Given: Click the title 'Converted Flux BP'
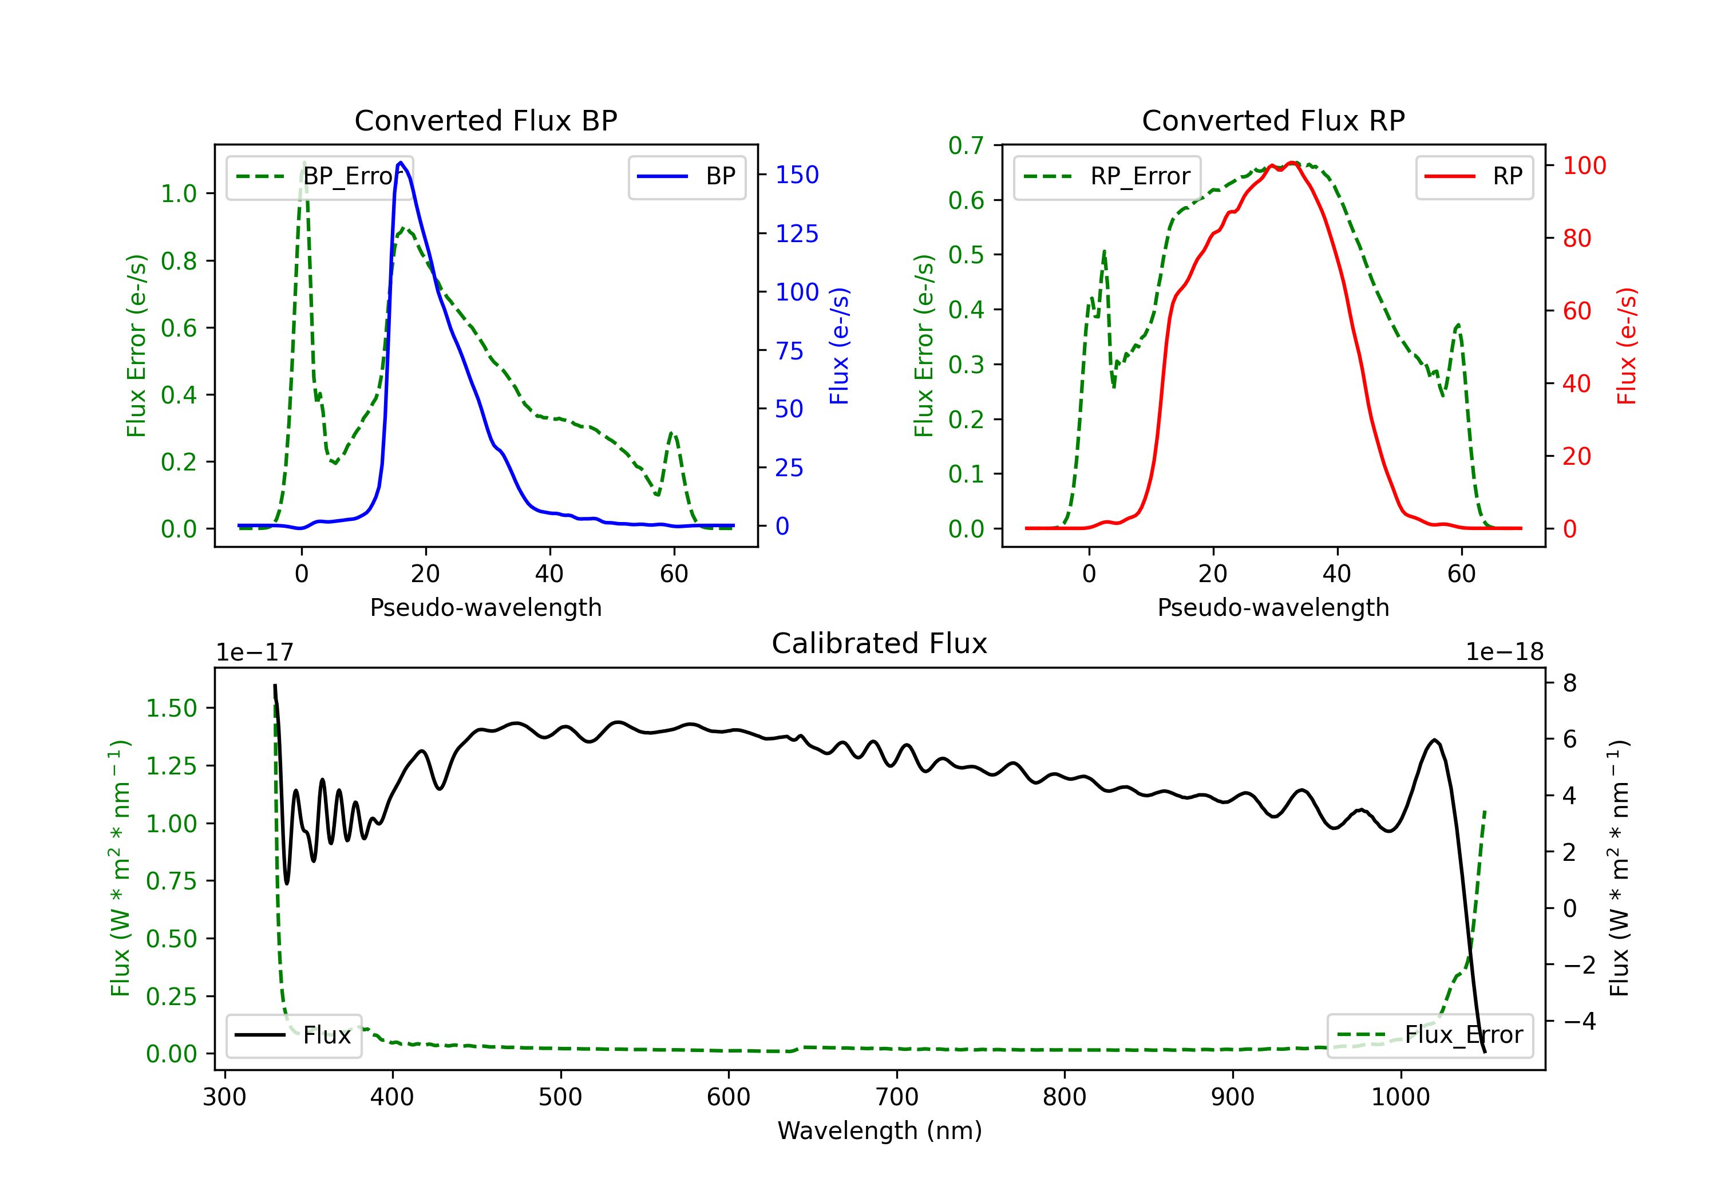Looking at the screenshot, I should coord(485,120).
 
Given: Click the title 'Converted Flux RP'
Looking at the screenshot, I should coord(1273,120).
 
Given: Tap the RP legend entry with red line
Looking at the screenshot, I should coord(1474,176).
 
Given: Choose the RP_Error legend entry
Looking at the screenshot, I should coord(1107,176).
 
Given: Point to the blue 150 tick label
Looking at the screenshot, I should coord(797,175).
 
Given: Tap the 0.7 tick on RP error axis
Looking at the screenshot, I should coord(966,145).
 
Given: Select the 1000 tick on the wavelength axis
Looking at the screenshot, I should coord(1400,1097).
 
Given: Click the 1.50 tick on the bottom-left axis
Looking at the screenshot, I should coord(171,709).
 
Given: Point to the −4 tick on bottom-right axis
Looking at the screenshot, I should coord(1578,1021).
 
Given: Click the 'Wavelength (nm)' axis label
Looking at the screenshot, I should coord(880,1130).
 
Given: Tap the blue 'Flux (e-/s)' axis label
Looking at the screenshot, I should coord(839,346).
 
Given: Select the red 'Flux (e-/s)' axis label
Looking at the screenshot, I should coord(1627,346).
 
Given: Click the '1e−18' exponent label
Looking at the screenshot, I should coord(1504,653).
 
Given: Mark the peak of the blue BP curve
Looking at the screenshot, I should coord(401,163).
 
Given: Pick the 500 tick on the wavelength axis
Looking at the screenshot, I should coord(560,1097).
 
